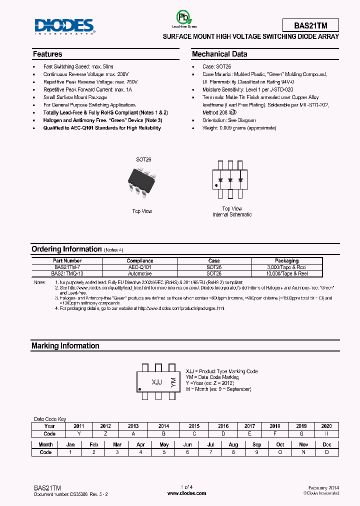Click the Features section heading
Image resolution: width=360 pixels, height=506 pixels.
(x=47, y=54)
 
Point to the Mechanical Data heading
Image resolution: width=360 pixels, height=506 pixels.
(x=219, y=54)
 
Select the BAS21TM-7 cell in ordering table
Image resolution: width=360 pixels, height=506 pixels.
(x=67, y=267)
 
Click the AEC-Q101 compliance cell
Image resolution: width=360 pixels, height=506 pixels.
(x=139, y=267)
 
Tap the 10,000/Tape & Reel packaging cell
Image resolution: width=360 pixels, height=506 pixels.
(x=286, y=273)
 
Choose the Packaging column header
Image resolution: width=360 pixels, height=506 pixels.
(x=286, y=260)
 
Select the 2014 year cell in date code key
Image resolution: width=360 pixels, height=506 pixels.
(x=163, y=426)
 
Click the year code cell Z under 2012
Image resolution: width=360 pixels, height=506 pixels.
(x=105, y=433)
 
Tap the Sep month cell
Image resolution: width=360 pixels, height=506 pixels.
(x=256, y=444)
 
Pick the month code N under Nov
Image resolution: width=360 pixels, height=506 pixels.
(x=303, y=451)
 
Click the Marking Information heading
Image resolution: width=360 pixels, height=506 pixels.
(x=65, y=345)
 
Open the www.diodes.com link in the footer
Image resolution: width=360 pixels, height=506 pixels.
(x=186, y=493)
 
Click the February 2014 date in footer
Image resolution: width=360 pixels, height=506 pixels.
(x=323, y=487)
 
